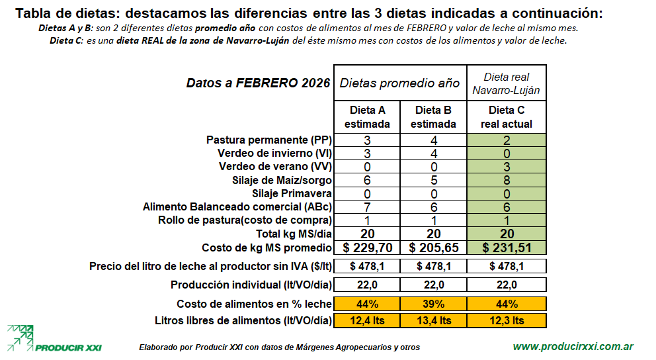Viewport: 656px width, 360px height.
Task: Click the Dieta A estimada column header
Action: click(367, 116)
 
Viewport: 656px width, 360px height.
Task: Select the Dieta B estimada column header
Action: click(433, 116)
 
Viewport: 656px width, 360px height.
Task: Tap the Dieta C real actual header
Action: click(507, 116)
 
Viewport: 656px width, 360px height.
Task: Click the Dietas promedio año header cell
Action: click(400, 83)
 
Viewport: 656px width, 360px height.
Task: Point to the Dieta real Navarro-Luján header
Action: click(507, 83)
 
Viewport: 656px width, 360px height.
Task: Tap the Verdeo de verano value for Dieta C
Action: click(507, 167)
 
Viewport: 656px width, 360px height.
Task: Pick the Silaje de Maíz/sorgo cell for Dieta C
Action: click(507, 180)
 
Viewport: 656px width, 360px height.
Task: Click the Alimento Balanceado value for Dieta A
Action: click(367, 207)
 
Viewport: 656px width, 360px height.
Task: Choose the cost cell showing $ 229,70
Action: click(367, 247)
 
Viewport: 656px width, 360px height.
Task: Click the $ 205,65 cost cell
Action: click(433, 247)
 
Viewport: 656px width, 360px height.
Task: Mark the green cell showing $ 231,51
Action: click(507, 247)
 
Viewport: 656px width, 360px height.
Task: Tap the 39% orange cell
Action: click(433, 304)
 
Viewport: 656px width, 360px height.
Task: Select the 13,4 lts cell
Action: click(433, 320)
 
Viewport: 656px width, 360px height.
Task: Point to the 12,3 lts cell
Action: click(507, 320)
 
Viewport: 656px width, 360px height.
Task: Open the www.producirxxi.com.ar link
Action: click(573, 346)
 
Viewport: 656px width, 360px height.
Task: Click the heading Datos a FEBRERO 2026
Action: click(258, 83)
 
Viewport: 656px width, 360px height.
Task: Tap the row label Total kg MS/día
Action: click(293, 234)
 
